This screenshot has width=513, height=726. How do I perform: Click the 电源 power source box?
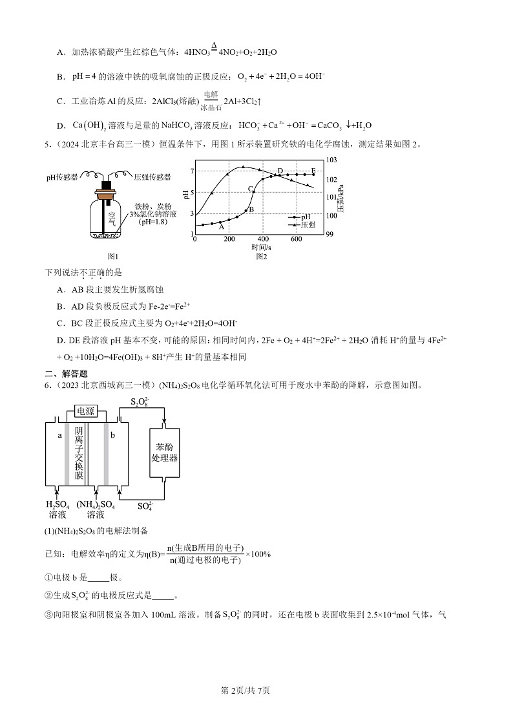(85, 411)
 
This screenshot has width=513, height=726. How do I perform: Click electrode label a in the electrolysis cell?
(59, 436)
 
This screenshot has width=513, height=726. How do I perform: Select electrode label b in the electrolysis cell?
(112, 436)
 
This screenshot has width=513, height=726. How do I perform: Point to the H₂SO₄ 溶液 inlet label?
(57, 509)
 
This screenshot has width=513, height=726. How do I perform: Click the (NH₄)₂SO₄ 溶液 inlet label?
(96, 509)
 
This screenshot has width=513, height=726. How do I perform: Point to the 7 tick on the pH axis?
(192, 171)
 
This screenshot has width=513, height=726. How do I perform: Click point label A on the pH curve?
(221, 227)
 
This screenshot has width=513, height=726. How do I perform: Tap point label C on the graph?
(250, 189)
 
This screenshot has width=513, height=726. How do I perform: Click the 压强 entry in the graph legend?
(308, 224)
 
